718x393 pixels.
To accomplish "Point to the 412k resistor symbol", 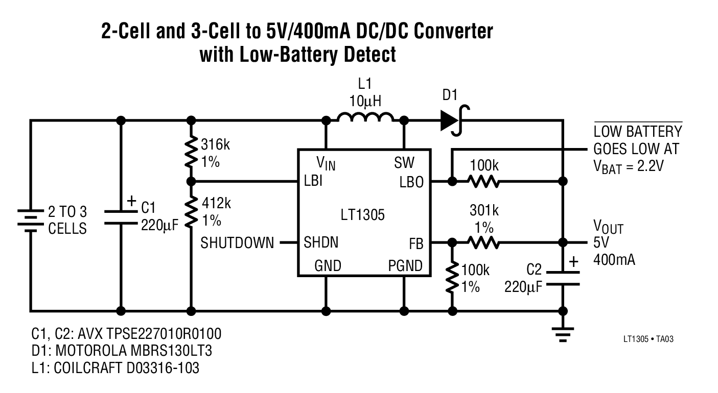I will (192, 213).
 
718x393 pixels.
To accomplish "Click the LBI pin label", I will (313, 182).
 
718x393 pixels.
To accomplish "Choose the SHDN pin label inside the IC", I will (321, 242).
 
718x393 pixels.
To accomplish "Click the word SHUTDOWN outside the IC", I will (237, 243).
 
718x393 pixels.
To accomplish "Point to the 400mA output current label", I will (614, 260).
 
